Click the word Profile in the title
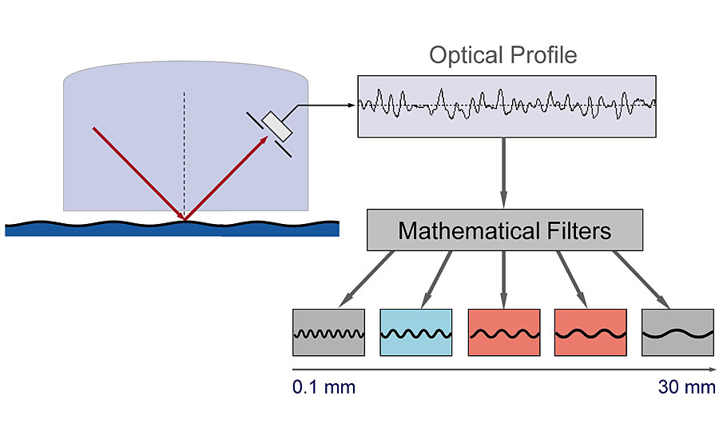(x=539, y=55)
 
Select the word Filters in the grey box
(x=574, y=231)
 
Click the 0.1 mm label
(x=324, y=388)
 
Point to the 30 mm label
(x=686, y=388)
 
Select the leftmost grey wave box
(x=328, y=332)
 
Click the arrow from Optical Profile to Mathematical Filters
(x=504, y=172)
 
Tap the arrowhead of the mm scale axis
(x=709, y=370)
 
